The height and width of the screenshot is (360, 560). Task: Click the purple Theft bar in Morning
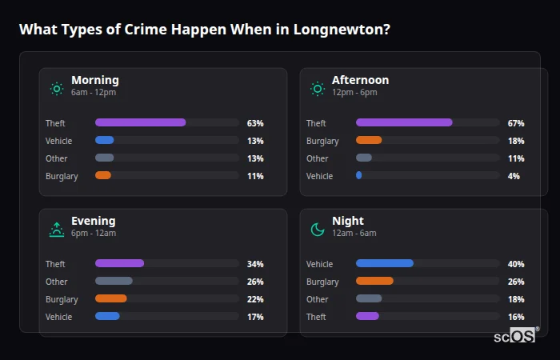point(140,122)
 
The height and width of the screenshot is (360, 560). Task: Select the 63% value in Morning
point(255,123)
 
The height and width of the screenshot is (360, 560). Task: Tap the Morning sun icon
point(57,88)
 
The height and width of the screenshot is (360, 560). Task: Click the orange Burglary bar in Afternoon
point(369,140)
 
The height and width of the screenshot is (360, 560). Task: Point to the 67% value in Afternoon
point(516,123)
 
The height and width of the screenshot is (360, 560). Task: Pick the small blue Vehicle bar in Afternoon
point(359,175)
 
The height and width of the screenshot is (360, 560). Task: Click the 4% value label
point(514,176)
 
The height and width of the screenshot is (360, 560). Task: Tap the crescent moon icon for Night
point(318,230)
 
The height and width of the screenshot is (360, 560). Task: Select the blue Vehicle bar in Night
point(384,263)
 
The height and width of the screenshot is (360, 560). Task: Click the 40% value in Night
point(516,264)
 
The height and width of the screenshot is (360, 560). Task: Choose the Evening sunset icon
point(57,230)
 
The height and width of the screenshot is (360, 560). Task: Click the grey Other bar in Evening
point(114,281)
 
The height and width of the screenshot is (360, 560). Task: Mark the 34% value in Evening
point(255,264)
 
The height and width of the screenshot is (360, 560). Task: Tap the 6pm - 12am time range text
point(94,233)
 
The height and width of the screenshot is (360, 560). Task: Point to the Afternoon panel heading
point(360,80)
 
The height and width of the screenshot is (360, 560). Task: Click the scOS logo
point(517,334)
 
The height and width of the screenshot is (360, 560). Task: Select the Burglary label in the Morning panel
point(62,176)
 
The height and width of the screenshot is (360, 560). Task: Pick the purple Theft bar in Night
point(367,316)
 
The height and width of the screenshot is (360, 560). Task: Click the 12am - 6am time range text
point(354,233)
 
